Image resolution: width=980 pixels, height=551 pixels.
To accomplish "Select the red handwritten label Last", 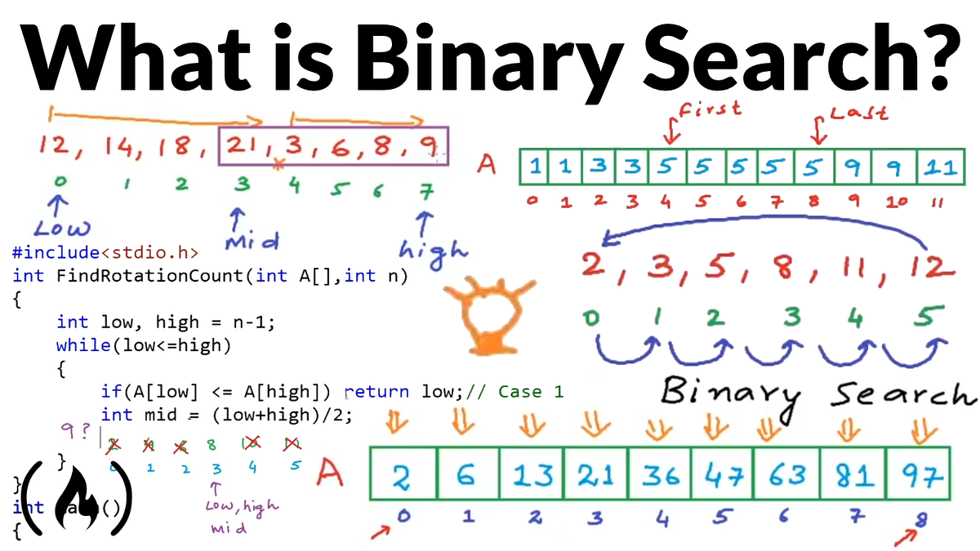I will click(x=857, y=111).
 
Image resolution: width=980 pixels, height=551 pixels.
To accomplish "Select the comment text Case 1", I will click(x=531, y=392).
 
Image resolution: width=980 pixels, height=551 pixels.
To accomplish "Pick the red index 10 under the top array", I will click(x=897, y=200).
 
